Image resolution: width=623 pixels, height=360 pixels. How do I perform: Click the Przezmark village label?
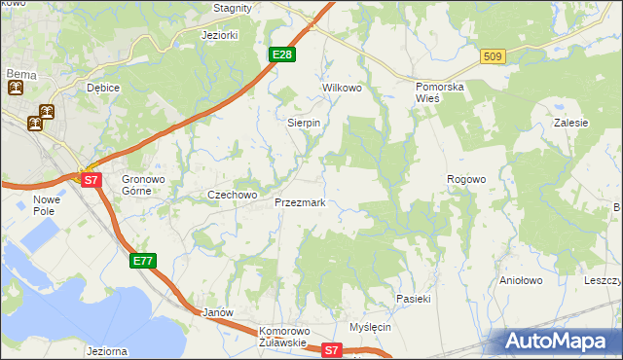[x=307, y=202]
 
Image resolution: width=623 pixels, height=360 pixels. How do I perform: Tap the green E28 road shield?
[x=281, y=54]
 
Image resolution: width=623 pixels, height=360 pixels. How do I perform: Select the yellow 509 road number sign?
[x=493, y=57]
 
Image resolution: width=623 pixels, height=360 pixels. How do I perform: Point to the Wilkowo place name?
[x=342, y=88]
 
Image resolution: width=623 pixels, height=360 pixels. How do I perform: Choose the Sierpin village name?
[x=304, y=124]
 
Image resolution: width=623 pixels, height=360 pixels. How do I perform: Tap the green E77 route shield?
[x=143, y=260]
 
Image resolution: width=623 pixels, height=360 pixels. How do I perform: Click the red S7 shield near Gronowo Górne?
[x=91, y=180]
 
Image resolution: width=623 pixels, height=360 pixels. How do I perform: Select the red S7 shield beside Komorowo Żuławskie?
[x=333, y=349]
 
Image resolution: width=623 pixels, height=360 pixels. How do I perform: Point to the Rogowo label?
[x=466, y=179]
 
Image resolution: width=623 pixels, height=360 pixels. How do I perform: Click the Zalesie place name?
[x=570, y=124]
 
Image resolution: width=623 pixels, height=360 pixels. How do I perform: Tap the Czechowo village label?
[x=232, y=195]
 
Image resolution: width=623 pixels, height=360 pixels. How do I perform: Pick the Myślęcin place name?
[x=370, y=327]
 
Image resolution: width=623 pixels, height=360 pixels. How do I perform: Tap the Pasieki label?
[x=413, y=299]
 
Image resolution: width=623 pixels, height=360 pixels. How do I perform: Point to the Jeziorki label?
[x=219, y=35]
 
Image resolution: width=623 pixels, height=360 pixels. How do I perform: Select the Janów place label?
[x=216, y=312]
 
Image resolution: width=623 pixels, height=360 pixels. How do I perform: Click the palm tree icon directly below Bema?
[x=17, y=89]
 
